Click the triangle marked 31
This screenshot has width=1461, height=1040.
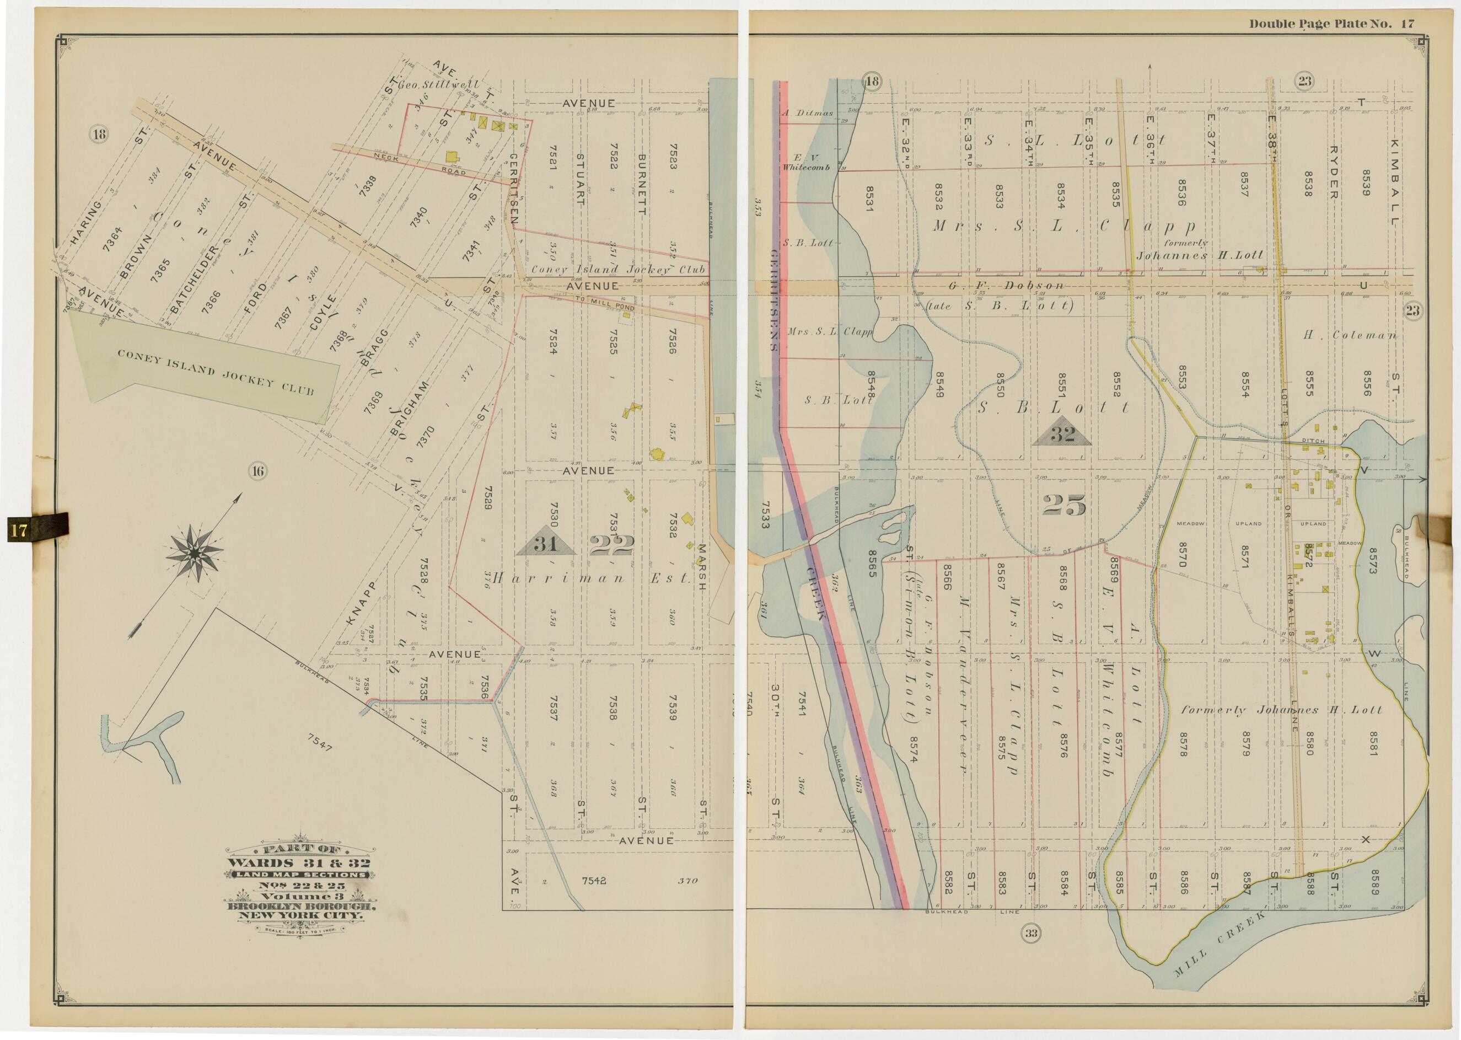[x=545, y=542]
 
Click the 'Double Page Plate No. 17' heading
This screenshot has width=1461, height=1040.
[x=1331, y=24]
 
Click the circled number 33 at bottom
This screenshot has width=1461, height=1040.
[x=1031, y=933]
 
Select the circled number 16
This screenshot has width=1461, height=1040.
[x=257, y=472]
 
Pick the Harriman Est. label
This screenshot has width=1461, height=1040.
[x=592, y=578]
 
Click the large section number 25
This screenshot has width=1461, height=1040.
[x=1063, y=506]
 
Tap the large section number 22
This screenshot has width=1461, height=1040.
[x=611, y=545]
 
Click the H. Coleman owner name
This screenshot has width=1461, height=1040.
[x=1350, y=335]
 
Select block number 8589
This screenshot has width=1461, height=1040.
[x=1373, y=881]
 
